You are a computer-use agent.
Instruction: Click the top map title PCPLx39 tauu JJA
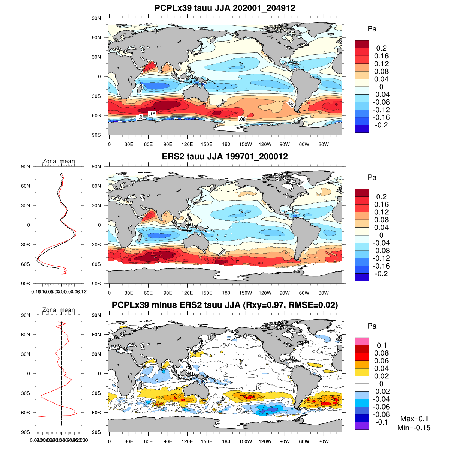pos(225,8)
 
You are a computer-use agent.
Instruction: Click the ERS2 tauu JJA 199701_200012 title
pos(225,156)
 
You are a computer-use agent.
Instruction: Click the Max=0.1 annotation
pos(414,419)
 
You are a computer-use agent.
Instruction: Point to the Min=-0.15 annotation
pos(414,428)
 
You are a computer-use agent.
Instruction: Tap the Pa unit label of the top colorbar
pos(372,29)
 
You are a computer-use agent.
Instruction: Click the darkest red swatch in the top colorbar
pos(362,44)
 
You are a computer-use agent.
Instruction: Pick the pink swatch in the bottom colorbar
pos(362,341)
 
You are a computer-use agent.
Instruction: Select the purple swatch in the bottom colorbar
pos(362,426)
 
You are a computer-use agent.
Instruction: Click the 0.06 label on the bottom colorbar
pos(381,361)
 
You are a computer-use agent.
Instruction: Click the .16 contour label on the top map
pos(151,113)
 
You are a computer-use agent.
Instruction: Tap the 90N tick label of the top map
pos(97,18)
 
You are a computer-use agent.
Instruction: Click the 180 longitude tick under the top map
pos(226,145)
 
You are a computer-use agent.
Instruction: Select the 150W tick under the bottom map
pos(246,442)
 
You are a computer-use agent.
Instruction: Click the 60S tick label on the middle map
pos(97,264)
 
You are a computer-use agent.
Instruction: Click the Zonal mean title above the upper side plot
pos(58,161)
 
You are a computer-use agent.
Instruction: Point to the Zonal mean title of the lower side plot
pos(58,310)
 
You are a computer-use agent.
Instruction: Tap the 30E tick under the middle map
pos(129,293)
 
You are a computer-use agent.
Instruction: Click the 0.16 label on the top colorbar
pos(381,56)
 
